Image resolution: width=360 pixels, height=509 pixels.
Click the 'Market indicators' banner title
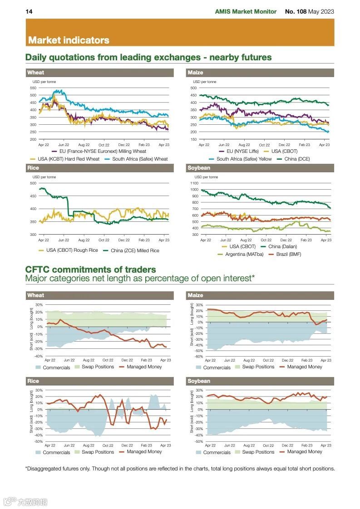click(69, 40)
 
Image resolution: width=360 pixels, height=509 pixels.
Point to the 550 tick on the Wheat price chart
click(33, 88)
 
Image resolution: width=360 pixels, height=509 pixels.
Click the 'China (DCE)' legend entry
click(297, 159)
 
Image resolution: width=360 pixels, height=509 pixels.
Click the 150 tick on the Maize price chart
click(193, 139)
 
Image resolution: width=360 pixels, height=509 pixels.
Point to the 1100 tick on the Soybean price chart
click(194, 183)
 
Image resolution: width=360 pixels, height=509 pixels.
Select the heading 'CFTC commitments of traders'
click(90, 269)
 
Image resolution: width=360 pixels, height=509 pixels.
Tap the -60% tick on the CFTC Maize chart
click(198, 356)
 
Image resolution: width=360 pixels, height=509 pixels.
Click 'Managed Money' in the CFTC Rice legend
click(144, 452)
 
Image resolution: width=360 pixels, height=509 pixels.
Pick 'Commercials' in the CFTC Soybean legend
click(217, 452)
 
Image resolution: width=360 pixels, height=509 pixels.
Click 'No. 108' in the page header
click(296, 11)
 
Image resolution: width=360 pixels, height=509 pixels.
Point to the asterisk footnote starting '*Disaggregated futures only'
click(180, 469)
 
